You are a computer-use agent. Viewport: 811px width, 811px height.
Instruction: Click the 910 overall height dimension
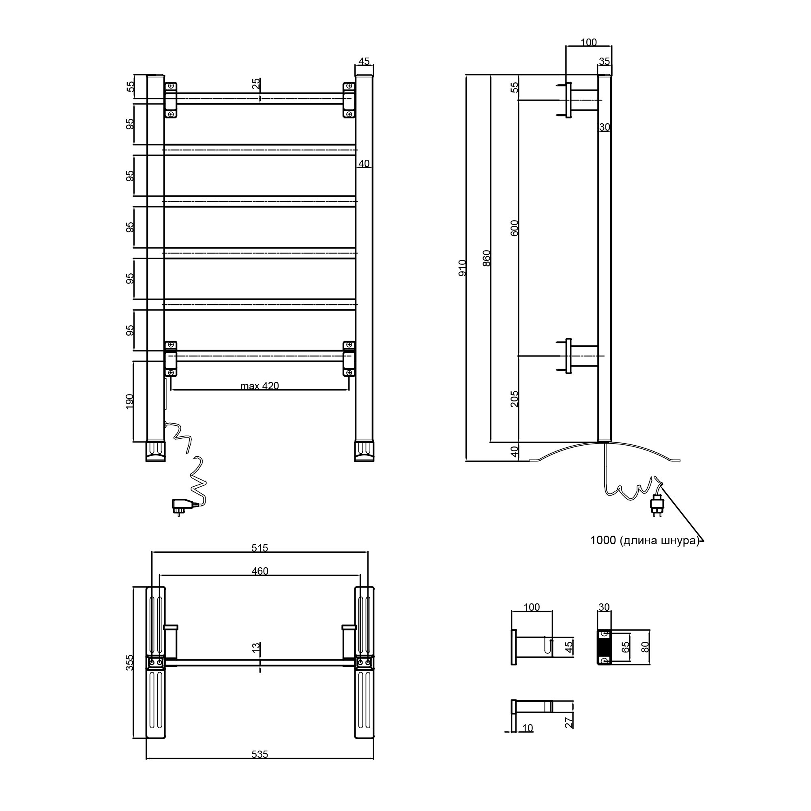coord(462,267)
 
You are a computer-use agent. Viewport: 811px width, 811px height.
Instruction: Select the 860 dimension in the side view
coord(487,258)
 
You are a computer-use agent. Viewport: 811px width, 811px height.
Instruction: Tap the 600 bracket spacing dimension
coord(515,228)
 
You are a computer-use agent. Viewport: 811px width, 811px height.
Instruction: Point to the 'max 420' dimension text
coord(260,386)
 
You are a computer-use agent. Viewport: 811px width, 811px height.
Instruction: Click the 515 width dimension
coord(260,548)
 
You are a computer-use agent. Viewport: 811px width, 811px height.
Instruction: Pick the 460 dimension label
coord(260,571)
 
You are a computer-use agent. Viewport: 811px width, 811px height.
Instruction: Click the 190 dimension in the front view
coord(129,401)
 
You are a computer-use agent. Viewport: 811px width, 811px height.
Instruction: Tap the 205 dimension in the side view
coord(515,399)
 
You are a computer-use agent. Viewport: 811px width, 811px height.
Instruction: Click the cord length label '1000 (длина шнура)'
coord(644,540)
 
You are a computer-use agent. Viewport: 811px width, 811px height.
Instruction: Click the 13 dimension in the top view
coord(256,648)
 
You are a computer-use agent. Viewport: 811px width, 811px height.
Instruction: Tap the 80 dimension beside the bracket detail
coord(646,647)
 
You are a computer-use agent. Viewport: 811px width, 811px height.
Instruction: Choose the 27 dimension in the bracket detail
coord(569,723)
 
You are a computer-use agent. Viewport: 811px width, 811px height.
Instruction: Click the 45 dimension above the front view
coord(364,61)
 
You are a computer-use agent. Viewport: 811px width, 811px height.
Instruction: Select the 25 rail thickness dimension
coord(256,84)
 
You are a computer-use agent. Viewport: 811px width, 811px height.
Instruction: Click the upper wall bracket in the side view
coord(581,100)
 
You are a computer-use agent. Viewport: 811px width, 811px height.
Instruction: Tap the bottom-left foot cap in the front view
coord(155,451)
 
